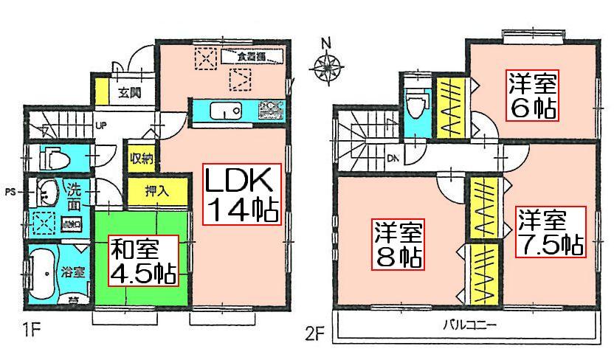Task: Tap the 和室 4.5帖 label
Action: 144,260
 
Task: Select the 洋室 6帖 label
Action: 531,96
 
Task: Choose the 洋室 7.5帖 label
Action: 549,232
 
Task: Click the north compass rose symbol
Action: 326,66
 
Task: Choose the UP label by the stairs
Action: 101,124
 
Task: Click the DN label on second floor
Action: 393,157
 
